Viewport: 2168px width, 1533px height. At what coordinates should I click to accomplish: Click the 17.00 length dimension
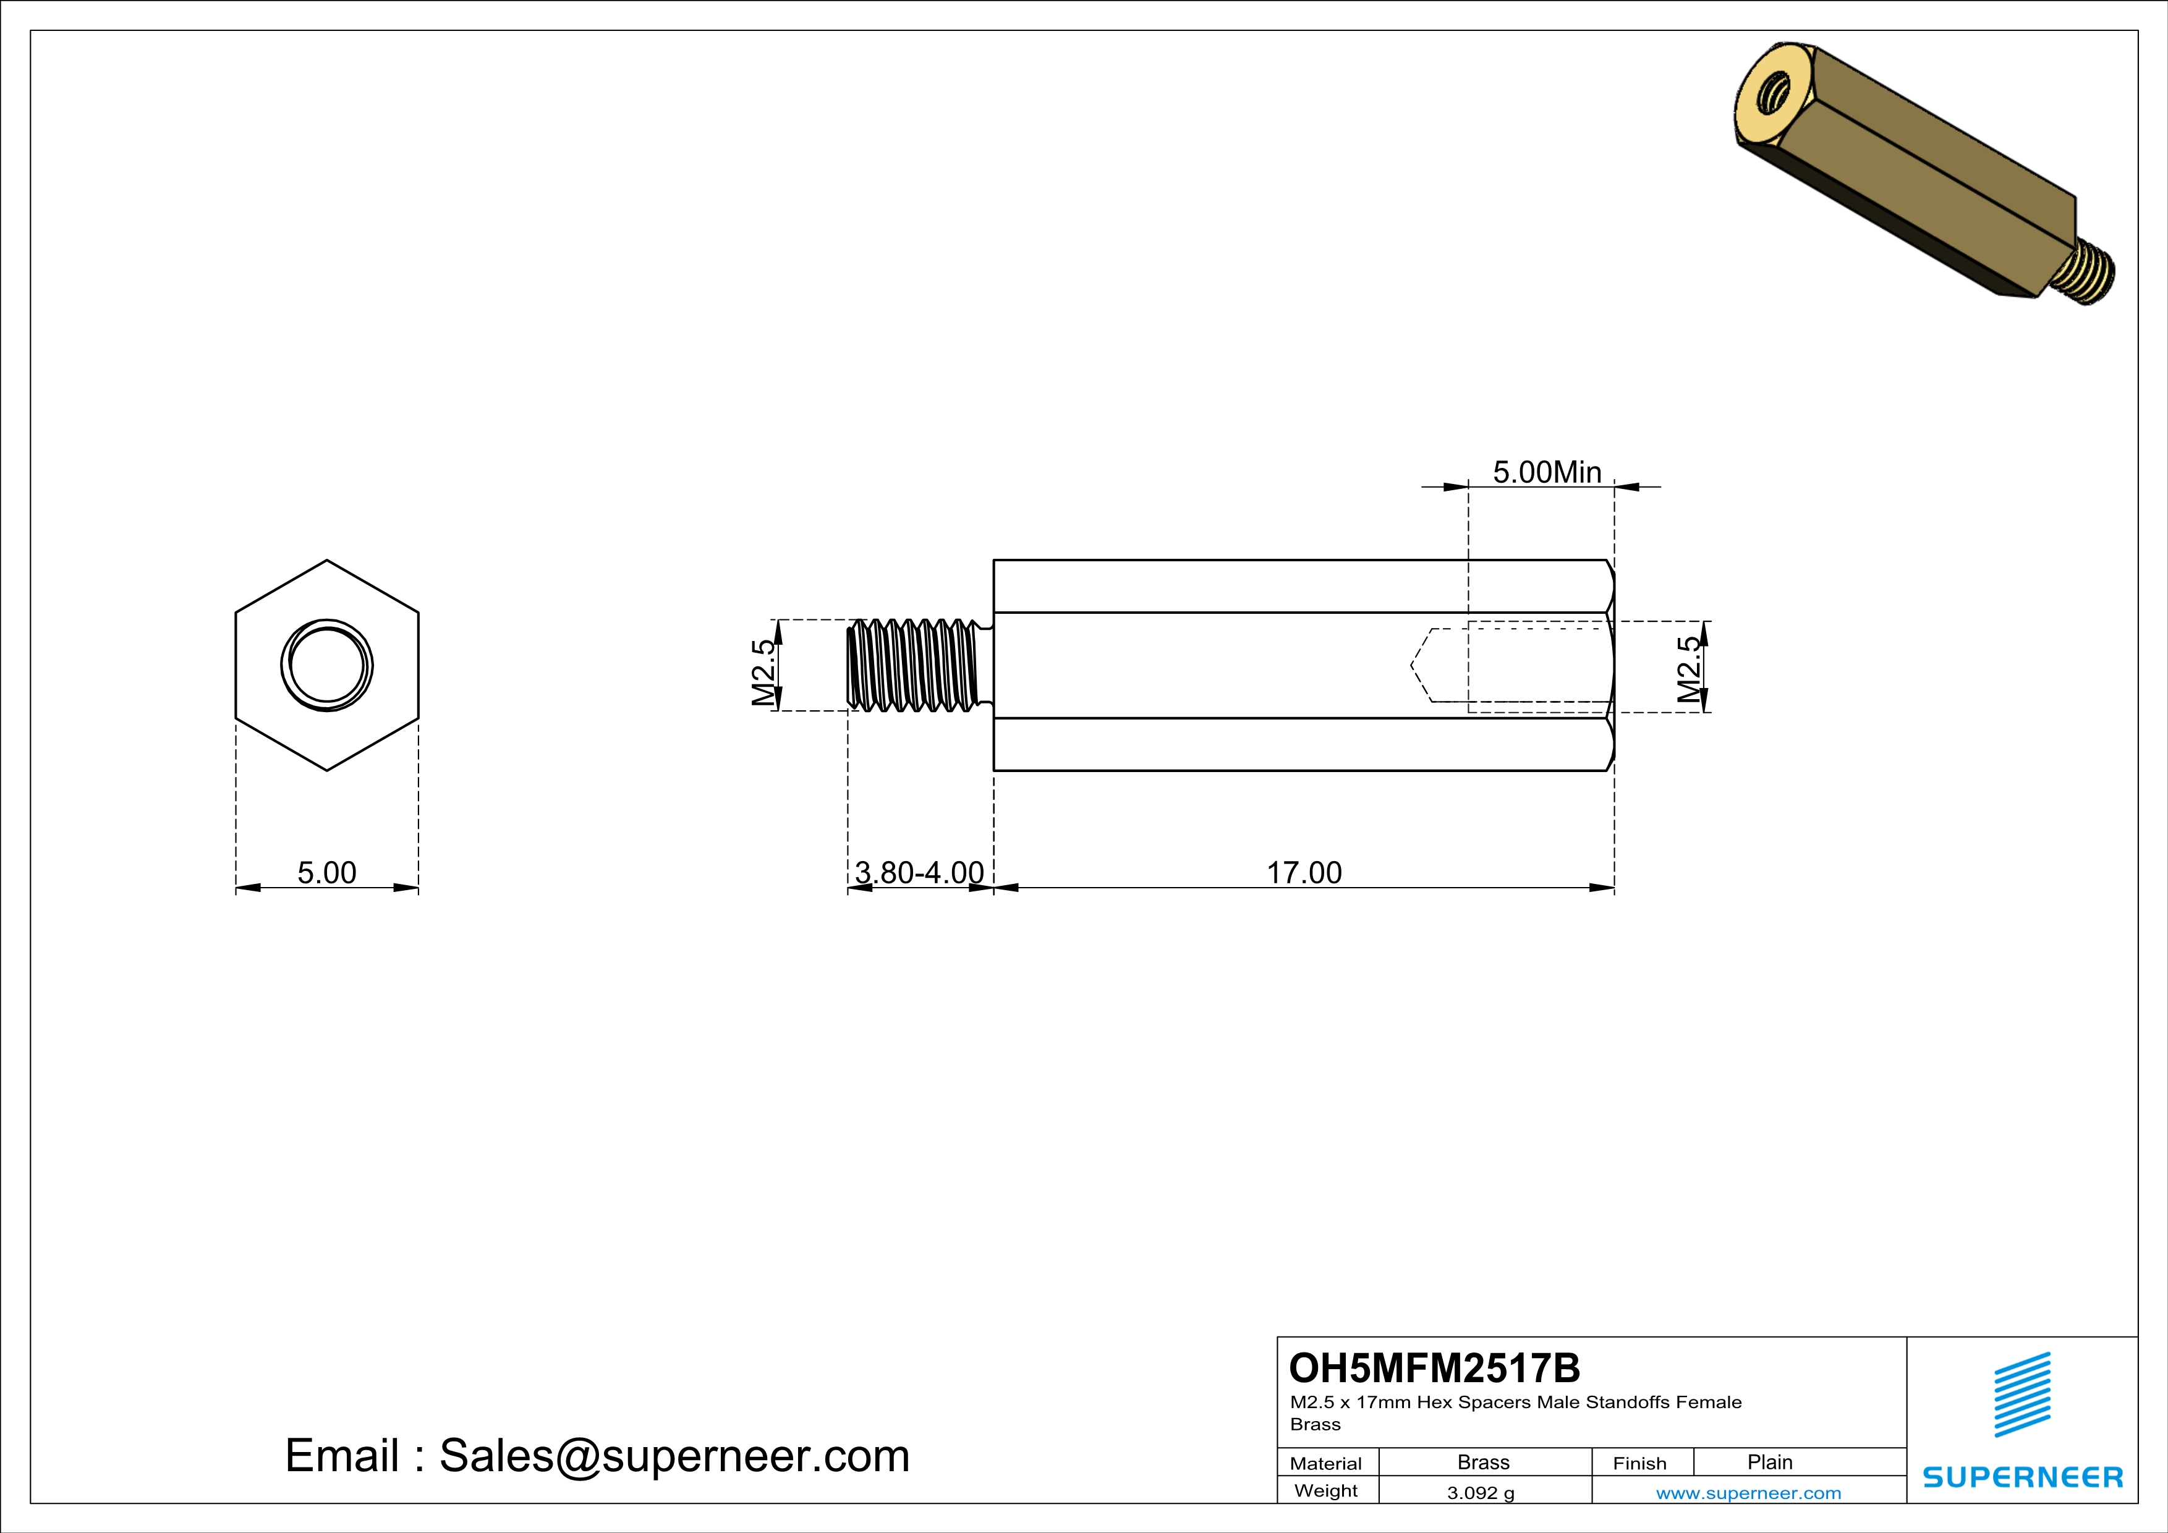(x=1303, y=872)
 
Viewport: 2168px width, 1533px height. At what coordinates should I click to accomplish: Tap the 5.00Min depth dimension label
(x=1547, y=472)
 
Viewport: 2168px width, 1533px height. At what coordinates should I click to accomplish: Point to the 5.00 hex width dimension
(x=326, y=872)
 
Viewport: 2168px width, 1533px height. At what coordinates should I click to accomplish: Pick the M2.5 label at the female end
(x=1690, y=669)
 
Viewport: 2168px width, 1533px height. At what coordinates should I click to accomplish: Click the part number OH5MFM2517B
(x=1434, y=1368)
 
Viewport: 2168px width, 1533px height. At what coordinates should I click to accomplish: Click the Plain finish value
(x=1769, y=1462)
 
